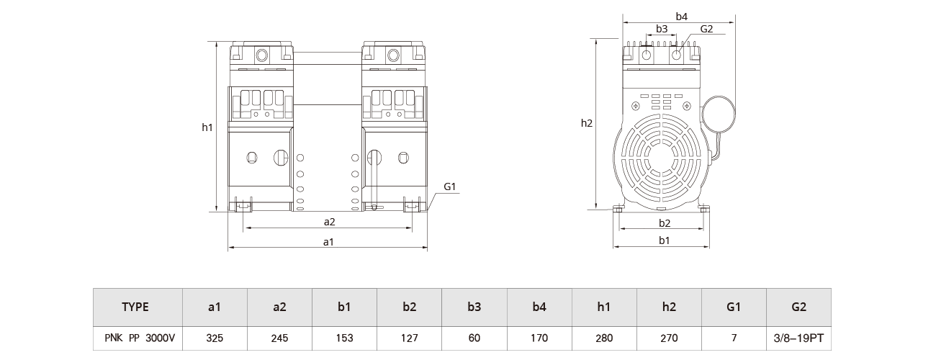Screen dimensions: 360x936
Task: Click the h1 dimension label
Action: point(207,127)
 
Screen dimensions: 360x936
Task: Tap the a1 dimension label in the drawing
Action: point(329,242)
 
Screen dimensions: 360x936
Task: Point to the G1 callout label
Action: point(451,186)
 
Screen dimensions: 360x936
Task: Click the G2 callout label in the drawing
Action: point(706,29)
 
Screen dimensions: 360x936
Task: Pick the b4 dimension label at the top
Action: point(681,15)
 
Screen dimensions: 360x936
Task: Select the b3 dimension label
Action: point(662,29)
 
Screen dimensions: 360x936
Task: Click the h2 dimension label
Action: point(586,123)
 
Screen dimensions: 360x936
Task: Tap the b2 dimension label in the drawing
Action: point(664,223)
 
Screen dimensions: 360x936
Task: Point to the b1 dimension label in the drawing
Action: point(664,240)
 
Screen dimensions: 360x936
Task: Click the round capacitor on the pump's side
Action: point(719,114)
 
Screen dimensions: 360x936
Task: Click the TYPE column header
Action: point(136,307)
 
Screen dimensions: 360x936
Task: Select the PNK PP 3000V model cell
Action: point(136,337)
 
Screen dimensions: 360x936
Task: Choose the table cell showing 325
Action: point(215,337)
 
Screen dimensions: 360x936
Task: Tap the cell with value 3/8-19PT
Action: point(798,337)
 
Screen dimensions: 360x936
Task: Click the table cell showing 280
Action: point(603,337)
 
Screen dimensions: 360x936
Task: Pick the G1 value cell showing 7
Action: point(733,337)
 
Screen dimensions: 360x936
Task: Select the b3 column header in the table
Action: point(474,307)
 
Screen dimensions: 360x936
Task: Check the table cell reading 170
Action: point(539,337)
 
